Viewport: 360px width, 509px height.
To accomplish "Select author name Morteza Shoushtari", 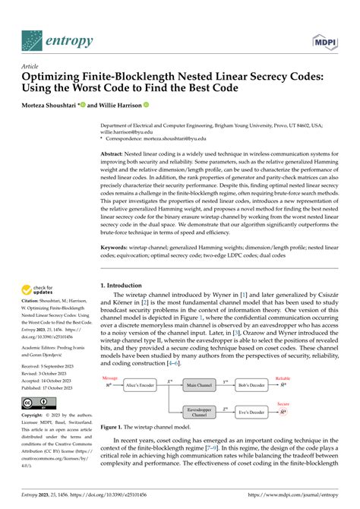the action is pyautogui.click(x=52, y=106).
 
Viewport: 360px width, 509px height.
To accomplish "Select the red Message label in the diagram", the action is pyautogui.click(x=111, y=378).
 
